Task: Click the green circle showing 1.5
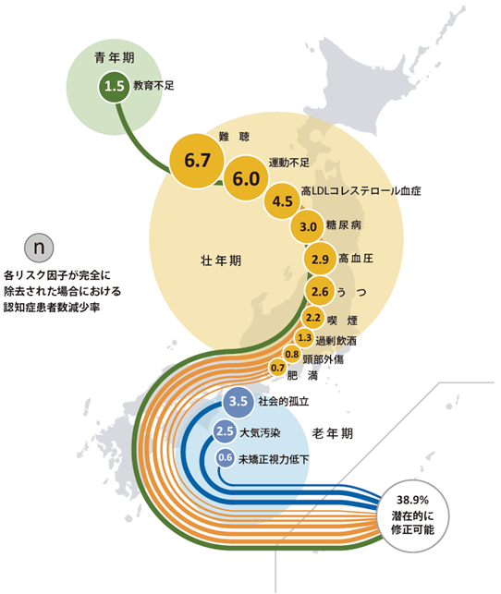[115, 87]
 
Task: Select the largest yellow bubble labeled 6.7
[198, 160]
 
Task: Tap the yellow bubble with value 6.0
[245, 179]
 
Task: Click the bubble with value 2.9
[319, 259]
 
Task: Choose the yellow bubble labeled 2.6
[320, 293]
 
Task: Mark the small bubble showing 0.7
[277, 369]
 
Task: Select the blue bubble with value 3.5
[238, 401]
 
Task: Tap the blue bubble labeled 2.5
[225, 430]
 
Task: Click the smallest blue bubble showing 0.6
[225, 458]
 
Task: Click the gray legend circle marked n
[39, 248]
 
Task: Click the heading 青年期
[115, 58]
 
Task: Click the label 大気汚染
[263, 431]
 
